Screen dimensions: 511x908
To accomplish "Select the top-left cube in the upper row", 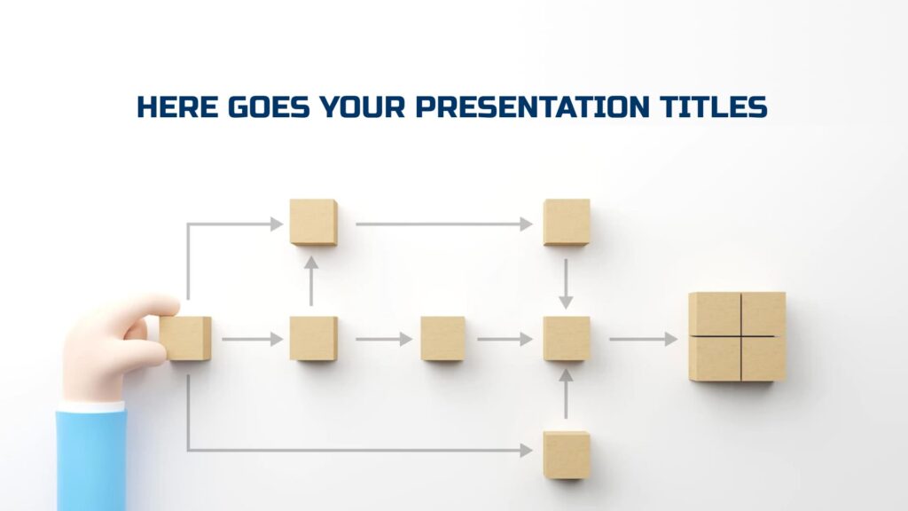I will (313, 222).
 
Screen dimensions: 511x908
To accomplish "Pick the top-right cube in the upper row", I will (567, 222).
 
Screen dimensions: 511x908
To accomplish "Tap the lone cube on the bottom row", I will (567, 454).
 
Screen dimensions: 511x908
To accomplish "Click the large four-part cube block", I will (737, 337).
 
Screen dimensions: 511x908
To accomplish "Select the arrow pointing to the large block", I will (642, 339).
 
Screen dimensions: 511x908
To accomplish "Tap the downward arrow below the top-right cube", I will (566, 284).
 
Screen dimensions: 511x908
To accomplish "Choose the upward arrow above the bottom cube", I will (566, 393).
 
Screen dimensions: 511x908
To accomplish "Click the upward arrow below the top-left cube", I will (312, 280).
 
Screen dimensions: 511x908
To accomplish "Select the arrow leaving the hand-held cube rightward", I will (252, 339).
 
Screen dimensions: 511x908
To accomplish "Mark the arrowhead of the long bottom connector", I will (525, 451).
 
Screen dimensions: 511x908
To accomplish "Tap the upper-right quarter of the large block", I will (763, 314).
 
